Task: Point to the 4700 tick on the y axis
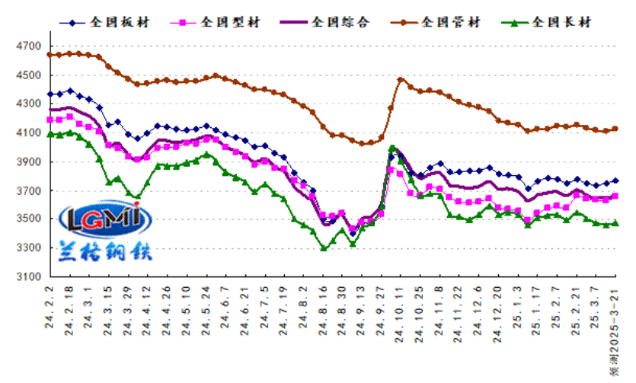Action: coord(27,46)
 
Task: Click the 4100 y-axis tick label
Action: coord(27,133)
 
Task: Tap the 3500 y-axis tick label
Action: coord(27,219)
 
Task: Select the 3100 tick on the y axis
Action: coord(27,277)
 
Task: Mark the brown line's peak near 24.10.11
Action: coord(401,79)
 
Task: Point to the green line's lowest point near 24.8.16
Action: coord(324,248)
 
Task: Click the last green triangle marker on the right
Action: coord(615,223)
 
